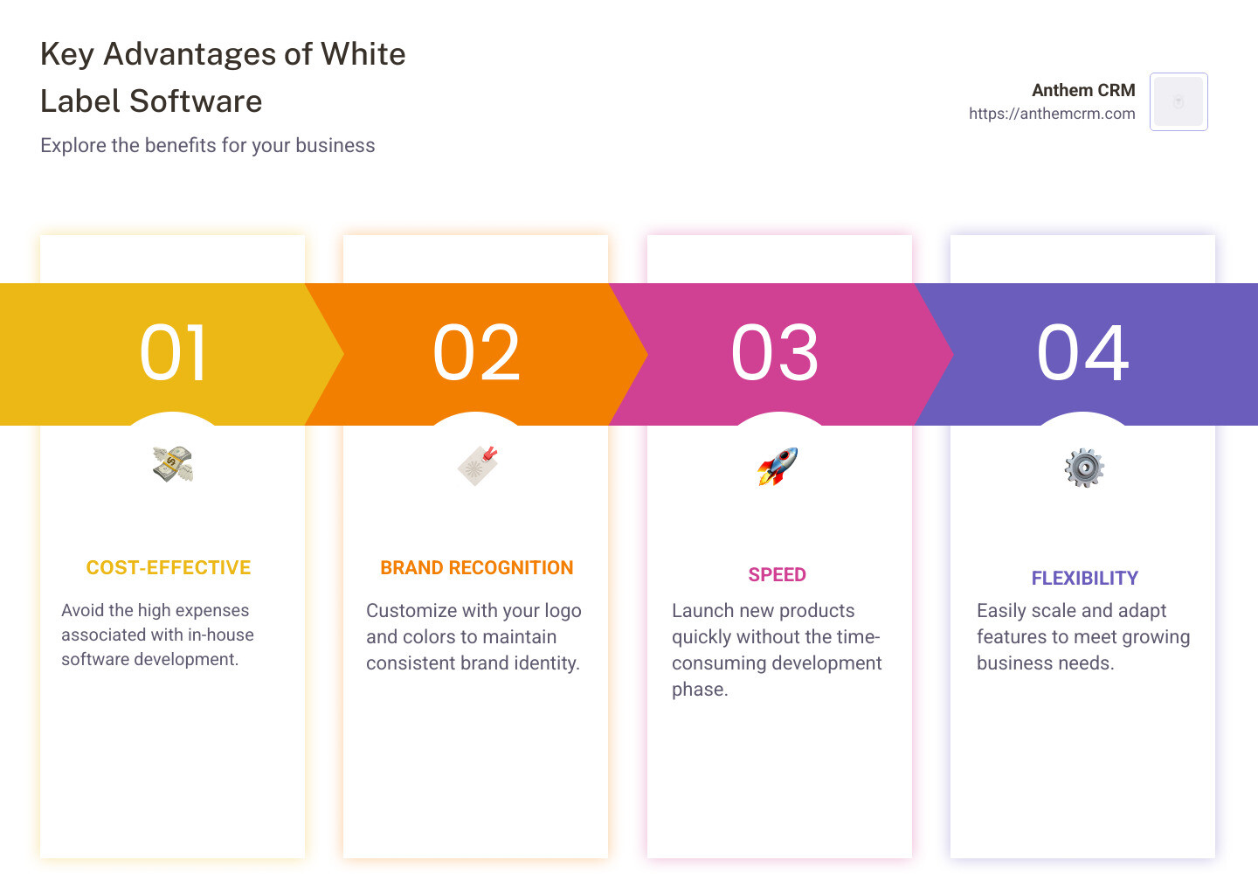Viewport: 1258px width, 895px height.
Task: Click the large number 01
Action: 173,353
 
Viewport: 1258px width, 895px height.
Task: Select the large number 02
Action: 476,353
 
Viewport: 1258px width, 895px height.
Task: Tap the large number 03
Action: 775,353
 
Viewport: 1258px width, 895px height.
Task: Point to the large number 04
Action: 1082,353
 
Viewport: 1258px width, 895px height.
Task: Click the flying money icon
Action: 173,464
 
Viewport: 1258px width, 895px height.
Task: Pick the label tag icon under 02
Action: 477,465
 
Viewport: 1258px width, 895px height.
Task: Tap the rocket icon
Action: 778,466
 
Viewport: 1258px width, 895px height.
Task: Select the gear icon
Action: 1084,468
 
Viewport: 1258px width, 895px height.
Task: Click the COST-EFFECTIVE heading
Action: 169,568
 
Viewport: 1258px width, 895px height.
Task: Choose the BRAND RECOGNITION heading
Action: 477,568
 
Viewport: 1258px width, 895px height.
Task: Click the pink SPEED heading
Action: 777,575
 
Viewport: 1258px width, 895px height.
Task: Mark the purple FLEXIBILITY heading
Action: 1084,579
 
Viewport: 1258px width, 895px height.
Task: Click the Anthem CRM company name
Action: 1083,90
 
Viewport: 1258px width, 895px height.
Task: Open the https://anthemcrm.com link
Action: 1052,114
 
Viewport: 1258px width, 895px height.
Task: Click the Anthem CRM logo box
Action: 1179,101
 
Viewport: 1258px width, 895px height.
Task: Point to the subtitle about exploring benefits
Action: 208,145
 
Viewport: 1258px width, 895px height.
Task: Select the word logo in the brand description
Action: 563,611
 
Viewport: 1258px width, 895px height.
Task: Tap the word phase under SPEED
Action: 700,690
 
